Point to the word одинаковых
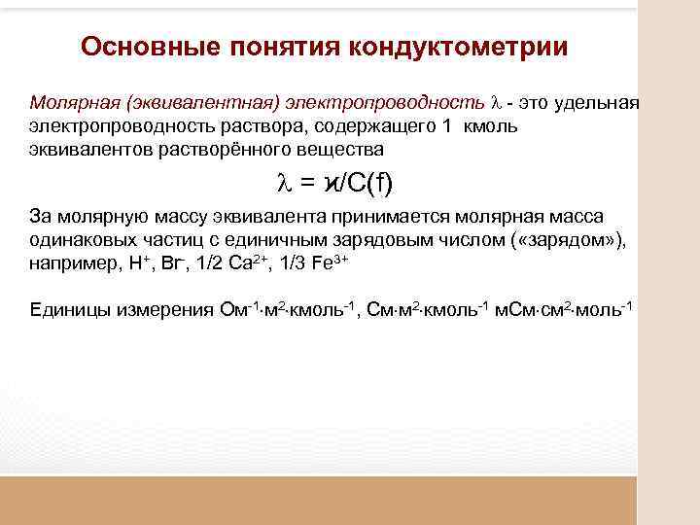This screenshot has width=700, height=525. [79, 239]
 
